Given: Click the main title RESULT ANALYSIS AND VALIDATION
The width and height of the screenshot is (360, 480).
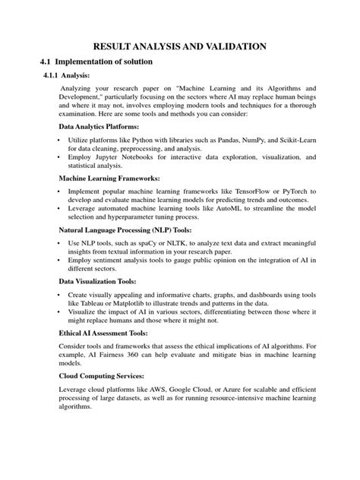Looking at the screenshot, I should click(x=179, y=46).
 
